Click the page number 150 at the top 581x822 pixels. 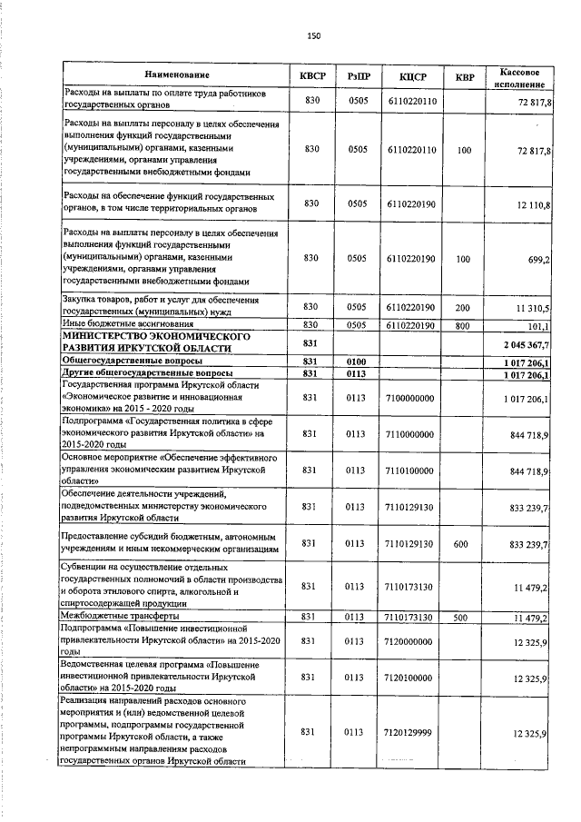click(314, 35)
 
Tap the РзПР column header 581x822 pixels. click(357, 74)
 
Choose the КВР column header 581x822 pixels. click(464, 74)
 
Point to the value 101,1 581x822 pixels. click(539, 325)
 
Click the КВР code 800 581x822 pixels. click(464, 324)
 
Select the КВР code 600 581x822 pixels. click(463, 543)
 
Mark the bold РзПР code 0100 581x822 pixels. click(356, 361)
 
